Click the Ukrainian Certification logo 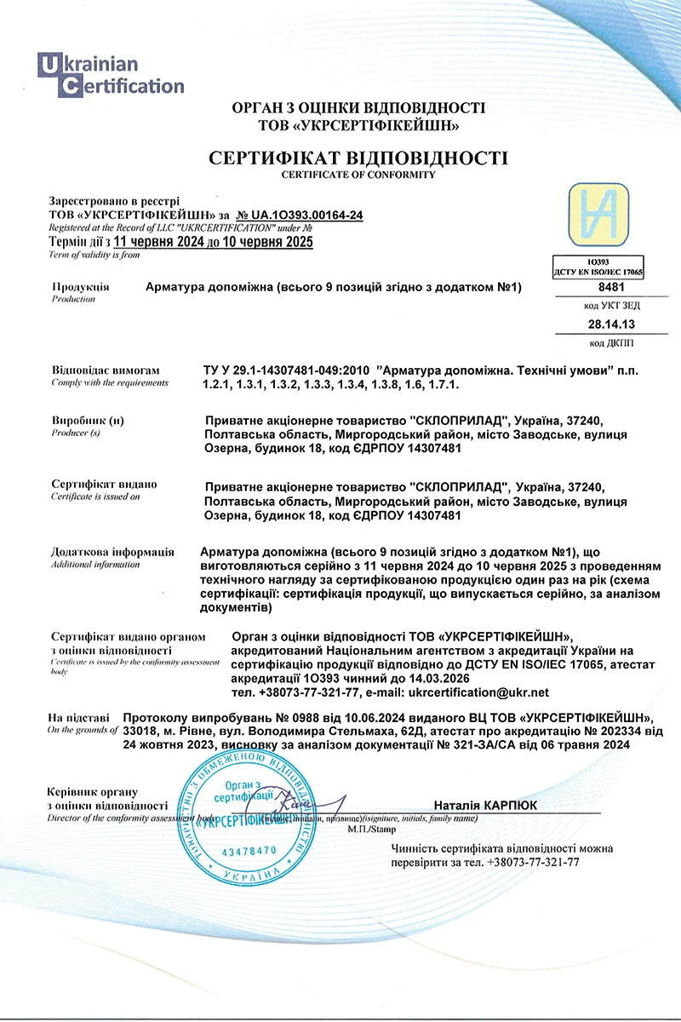point(111,74)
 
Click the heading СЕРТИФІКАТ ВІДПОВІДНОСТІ point(358,158)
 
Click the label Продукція point(80,287)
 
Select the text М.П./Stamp point(366,828)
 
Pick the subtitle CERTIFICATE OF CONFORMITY point(358,175)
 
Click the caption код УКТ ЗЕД point(611,305)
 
